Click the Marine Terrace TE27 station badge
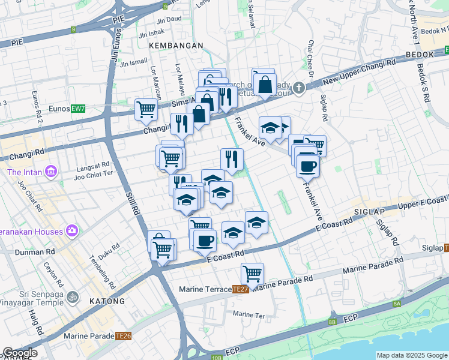click(x=241, y=289)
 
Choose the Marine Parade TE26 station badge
click(x=124, y=336)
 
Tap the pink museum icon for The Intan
click(x=51, y=173)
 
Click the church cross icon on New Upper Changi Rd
click(x=300, y=88)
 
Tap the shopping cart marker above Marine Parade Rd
click(x=253, y=273)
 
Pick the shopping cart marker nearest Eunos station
click(x=146, y=109)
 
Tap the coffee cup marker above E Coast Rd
click(x=205, y=240)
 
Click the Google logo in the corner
click(x=20, y=353)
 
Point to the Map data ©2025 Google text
click(x=412, y=355)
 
